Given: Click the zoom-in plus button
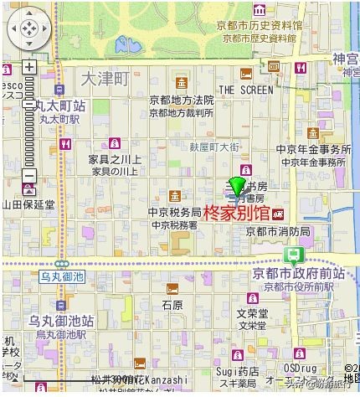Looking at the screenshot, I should click(x=29, y=67).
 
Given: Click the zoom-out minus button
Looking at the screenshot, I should click(x=29, y=176).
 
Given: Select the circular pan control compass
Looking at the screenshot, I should click(x=28, y=29).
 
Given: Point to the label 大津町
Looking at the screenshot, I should click(x=106, y=79).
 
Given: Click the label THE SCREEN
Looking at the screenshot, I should click(x=245, y=89).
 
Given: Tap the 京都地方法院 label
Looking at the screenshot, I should click(x=182, y=101).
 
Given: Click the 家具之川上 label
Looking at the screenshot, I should click(x=115, y=159).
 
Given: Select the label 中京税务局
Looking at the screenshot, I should click(x=174, y=213).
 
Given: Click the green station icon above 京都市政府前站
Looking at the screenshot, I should click(x=293, y=256).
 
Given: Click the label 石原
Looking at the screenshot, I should click(x=172, y=306).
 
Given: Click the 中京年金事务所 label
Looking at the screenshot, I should click(x=312, y=149).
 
